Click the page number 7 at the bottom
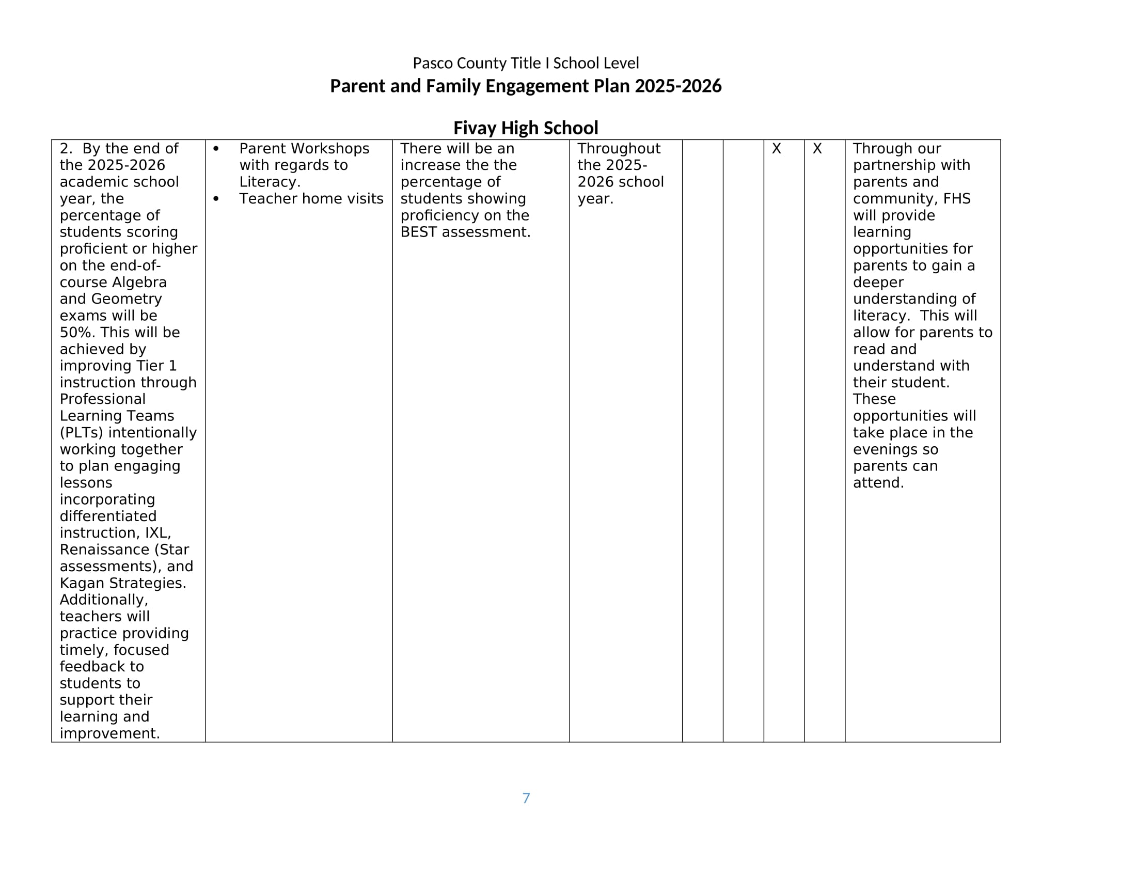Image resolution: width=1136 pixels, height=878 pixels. (526, 798)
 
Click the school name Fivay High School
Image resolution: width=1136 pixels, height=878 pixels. (525, 128)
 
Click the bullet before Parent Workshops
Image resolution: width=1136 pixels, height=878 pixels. (216, 149)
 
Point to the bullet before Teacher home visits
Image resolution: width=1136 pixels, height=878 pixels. (216, 199)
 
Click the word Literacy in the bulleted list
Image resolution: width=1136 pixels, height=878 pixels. (269, 182)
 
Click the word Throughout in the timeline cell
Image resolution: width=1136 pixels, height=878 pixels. (619, 149)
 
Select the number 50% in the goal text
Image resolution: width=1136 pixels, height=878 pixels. (77, 333)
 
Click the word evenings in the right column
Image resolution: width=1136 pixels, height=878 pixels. (889, 449)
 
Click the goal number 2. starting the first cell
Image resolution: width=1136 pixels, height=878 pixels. (66, 149)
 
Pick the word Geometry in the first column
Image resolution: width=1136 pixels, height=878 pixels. (127, 299)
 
